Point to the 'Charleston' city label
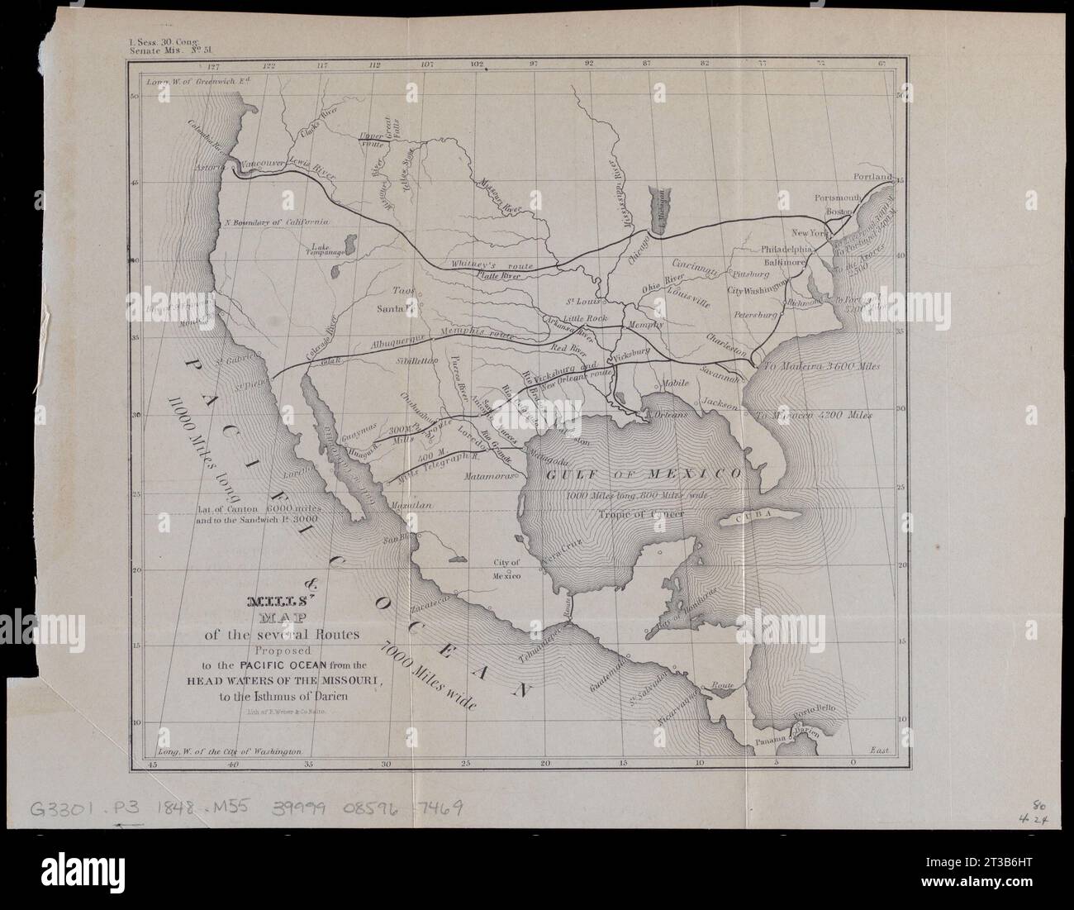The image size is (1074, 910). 728,340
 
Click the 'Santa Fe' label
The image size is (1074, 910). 393,308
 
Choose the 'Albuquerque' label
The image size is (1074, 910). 397,341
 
